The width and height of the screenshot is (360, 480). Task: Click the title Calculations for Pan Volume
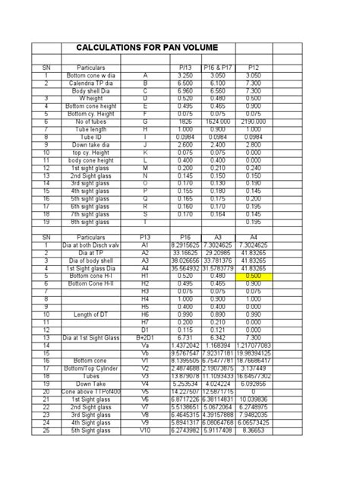coord(147,48)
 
